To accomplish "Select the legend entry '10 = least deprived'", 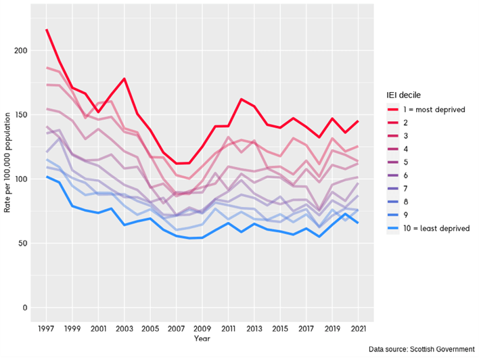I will (436, 228).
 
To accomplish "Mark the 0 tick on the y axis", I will (25, 307).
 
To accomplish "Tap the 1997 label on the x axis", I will (47, 329).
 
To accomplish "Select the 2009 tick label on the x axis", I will (202, 329).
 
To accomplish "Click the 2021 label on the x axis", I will (358, 329).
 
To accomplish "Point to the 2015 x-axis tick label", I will (280, 329).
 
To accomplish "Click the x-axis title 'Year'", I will (202, 338).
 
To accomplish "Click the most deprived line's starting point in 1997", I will (47, 30).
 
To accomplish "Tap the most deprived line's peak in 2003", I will (124, 78).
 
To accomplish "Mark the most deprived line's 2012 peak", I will (241, 99).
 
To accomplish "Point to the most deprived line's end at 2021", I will (358, 121).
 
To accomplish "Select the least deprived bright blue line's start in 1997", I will (47, 177).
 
